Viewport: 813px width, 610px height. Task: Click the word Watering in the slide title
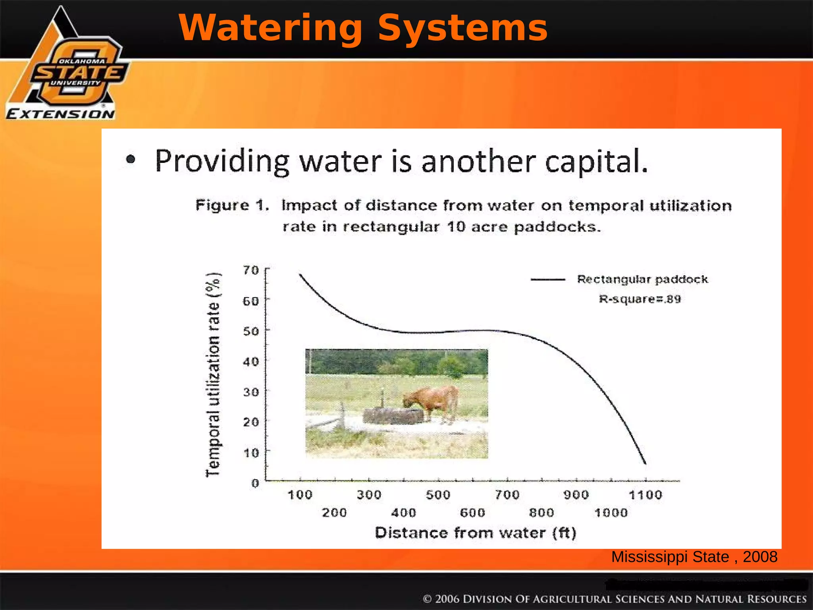click(270, 28)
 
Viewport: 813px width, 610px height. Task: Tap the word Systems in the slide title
click(462, 28)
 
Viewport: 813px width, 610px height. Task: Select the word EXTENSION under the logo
click(60, 114)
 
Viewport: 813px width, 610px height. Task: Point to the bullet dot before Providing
click(130, 160)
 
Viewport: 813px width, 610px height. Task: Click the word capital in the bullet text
click(595, 162)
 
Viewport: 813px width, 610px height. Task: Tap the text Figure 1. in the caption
click(232, 205)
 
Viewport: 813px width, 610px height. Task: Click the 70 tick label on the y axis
click(251, 270)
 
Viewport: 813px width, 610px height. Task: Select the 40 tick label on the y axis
click(251, 362)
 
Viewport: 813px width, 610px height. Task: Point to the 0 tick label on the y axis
click(255, 483)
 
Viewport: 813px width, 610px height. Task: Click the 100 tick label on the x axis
click(300, 495)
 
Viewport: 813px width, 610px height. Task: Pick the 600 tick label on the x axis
click(472, 513)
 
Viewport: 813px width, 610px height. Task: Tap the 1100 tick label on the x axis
click(645, 495)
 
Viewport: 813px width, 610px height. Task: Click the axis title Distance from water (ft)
click(475, 533)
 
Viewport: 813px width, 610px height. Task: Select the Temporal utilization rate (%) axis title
click(213, 375)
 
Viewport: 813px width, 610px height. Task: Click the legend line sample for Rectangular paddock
click(548, 280)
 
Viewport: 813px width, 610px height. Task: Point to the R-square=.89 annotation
click(640, 299)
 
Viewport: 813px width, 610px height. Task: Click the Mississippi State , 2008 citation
click(694, 557)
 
